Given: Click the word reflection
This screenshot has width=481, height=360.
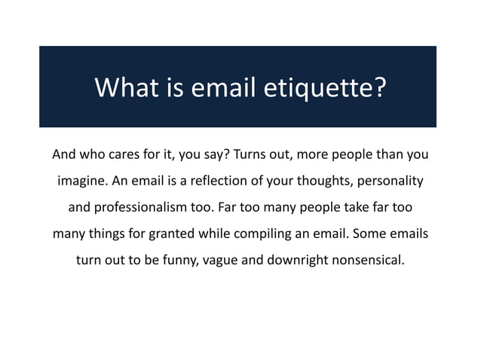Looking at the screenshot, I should [x=223, y=182].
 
